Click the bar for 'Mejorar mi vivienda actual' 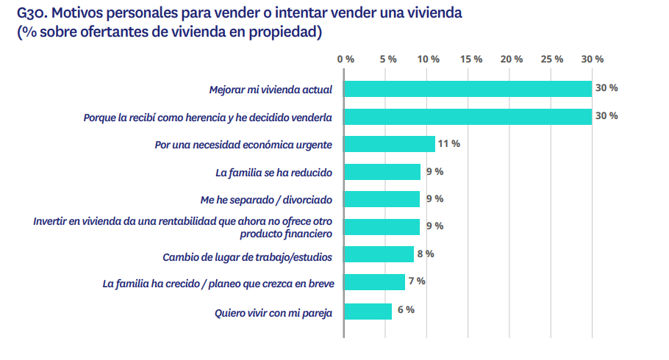coord(468,89)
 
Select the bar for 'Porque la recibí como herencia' coord(468,116)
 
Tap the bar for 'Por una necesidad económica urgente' coord(390,144)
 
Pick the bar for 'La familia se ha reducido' coord(382,172)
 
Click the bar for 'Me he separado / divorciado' coord(382,199)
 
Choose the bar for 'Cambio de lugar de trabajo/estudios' coord(379,254)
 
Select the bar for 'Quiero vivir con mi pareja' coord(368,312)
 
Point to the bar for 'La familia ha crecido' coord(374,282)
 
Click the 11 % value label coord(448,144)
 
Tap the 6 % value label coord(406,309)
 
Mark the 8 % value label coord(426,253)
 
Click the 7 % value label coord(417,281)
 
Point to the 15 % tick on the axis coord(471,59)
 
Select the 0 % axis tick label coord(346,59)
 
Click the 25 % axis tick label coord(551,59)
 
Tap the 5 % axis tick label coord(387,59)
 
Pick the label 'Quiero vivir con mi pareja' coord(273,313)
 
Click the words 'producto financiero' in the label coord(287,234)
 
